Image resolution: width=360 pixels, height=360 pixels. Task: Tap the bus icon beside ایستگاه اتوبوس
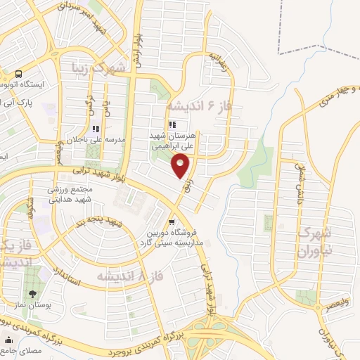tap(18, 73)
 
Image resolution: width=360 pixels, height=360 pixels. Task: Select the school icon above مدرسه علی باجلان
tap(96, 129)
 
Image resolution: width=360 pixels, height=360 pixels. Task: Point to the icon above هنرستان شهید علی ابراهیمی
tap(173, 124)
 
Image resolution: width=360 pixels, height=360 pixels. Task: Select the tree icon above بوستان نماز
tap(32, 292)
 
